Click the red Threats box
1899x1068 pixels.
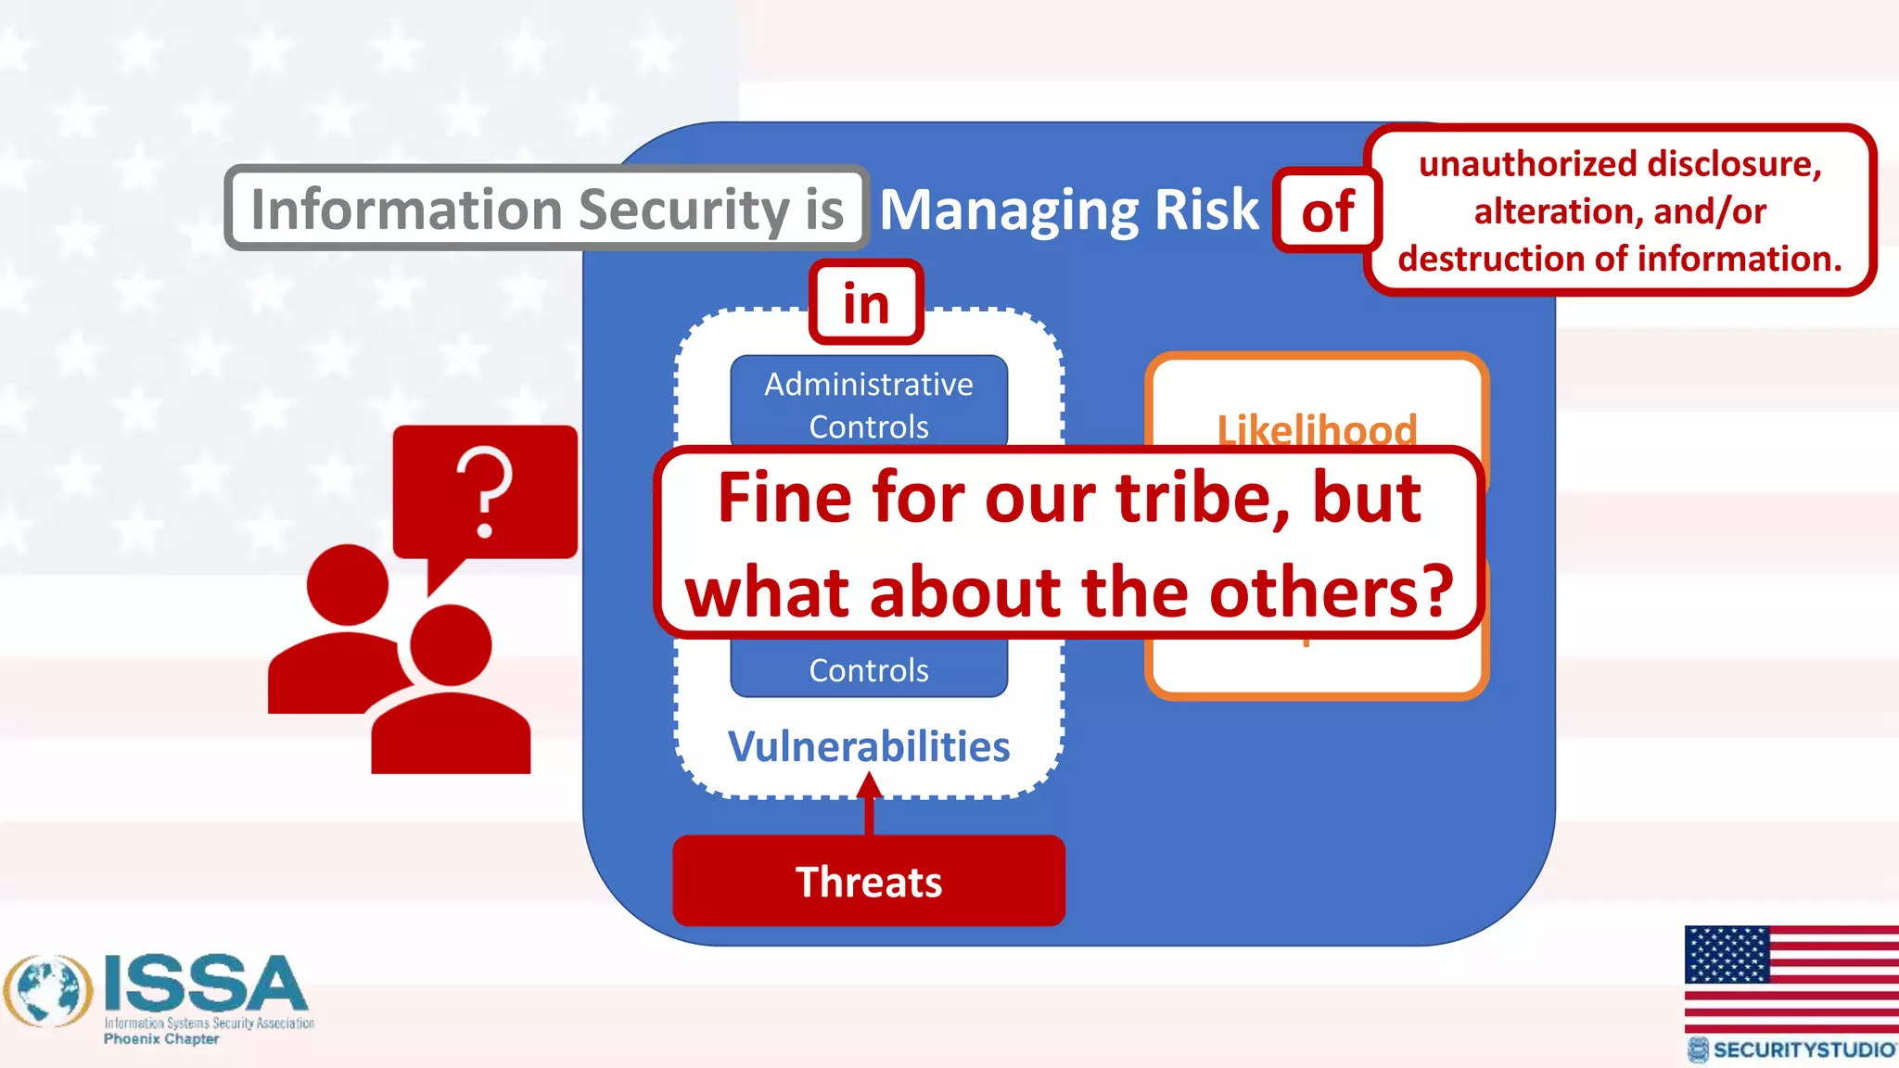[x=869, y=881]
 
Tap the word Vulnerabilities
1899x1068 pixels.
[x=869, y=746]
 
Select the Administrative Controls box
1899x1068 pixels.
[x=869, y=404]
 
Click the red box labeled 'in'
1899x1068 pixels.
[x=866, y=303]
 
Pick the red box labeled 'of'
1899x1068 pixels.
[x=1328, y=211]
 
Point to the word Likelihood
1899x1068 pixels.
[x=1317, y=429]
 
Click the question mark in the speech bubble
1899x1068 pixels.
[x=485, y=491]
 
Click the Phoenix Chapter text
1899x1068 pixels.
[x=161, y=1039]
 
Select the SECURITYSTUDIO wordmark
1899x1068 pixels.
[x=1803, y=1049]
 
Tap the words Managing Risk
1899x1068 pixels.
[x=1069, y=210]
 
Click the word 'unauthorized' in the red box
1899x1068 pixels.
[x=1511, y=164]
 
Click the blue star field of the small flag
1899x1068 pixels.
[x=1727, y=954]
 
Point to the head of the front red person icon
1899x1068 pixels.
[x=451, y=645]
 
